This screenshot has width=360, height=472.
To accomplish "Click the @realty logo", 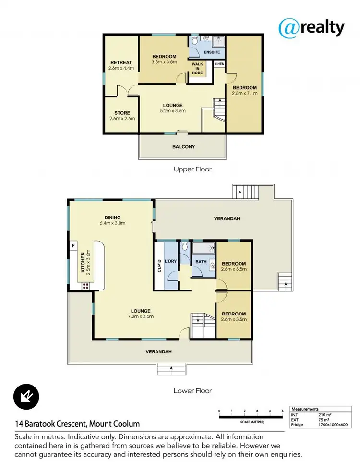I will pyautogui.click(x=312, y=27).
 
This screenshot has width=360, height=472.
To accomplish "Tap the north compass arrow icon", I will pyautogui.click(x=26, y=397).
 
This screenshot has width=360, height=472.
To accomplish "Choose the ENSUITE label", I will pyautogui.click(x=211, y=52).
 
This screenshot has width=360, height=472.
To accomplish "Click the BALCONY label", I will pyautogui.click(x=183, y=147).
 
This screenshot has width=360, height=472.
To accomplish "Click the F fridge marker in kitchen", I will pyautogui.click(x=73, y=246).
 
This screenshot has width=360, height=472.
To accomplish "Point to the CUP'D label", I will pyautogui.click(x=159, y=266).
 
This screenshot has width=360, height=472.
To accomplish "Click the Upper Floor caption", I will pyautogui.click(x=192, y=169).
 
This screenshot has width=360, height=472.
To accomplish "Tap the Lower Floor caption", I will pyautogui.click(x=192, y=391).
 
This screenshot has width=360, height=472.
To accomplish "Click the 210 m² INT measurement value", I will pyautogui.click(x=325, y=414).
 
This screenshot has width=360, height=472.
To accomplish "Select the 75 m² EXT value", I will pyautogui.click(x=324, y=420).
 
